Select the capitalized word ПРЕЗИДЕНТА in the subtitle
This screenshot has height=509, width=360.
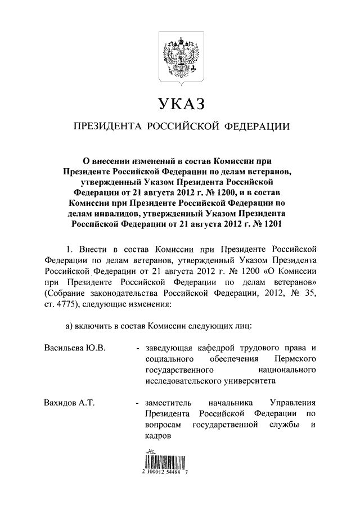(105, 127)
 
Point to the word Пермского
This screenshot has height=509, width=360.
(295, 358)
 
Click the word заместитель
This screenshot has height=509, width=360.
(168, 403)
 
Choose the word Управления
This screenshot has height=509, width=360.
(292, 403)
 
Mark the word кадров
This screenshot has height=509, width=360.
(156, 436)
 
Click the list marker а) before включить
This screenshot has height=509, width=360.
(71, 325)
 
